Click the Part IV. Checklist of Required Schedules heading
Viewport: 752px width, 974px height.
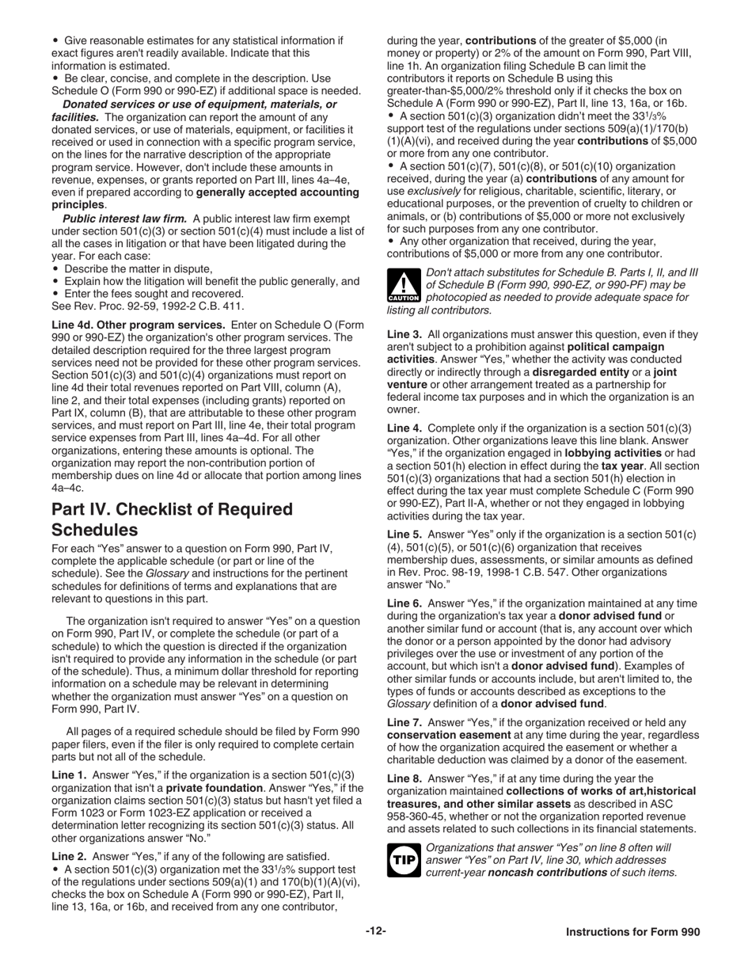[x=172, y=519]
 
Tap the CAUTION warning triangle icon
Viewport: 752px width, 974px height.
[x=404, y=286]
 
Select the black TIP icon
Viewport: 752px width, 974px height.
[x=403, y=859]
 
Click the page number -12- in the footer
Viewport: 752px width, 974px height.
[x=376, y=931]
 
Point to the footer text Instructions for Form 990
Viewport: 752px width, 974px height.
[x=632, y=932]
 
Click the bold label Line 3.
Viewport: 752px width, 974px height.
[x=404, y=335]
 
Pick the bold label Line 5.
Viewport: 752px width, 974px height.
[x=404, y=535]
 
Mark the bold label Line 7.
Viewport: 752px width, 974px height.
[x=404, y=722]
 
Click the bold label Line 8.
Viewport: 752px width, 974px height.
[x=404, y=778]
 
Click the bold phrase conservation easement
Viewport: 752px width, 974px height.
[x=447, y=734]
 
